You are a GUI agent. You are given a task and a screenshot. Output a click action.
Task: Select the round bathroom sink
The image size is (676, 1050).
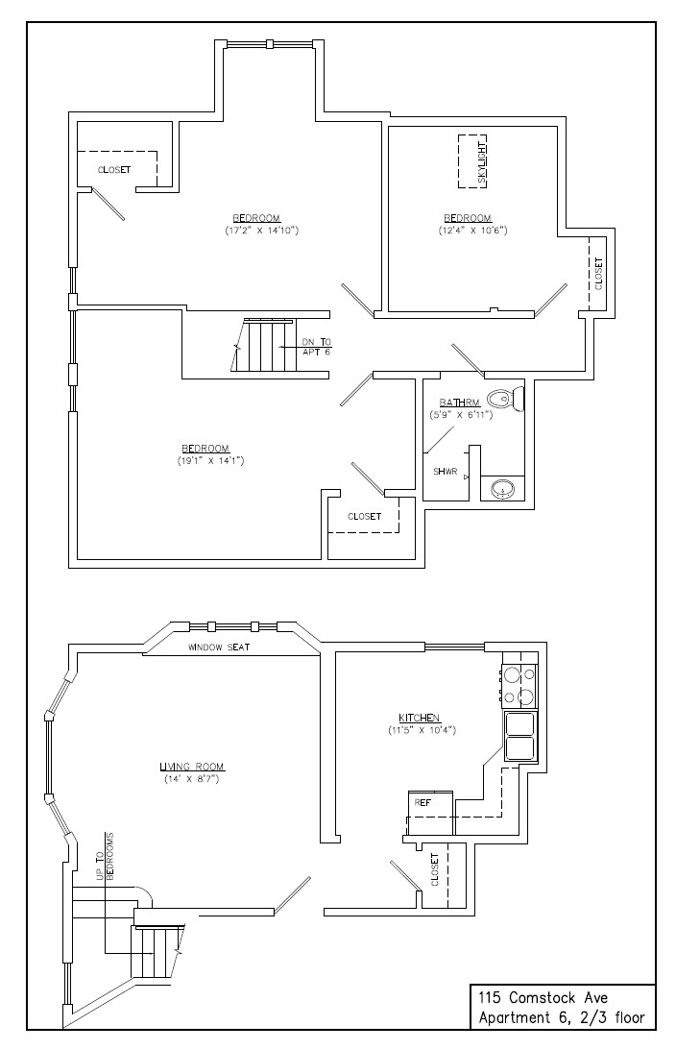tap(503, 490)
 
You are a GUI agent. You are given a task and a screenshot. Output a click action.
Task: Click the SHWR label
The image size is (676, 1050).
tap(445, 472)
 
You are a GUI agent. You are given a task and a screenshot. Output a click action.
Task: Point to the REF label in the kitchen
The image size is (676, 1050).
tap(421, 801)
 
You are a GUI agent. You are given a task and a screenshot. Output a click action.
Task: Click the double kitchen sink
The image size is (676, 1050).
tap(520, 735)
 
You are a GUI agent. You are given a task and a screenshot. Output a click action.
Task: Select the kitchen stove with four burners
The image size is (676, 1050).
tap(519, 685)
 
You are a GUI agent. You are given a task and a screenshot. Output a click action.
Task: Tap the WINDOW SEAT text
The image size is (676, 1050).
tap(219, 647)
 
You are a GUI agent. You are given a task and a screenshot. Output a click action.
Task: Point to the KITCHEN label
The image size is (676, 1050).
tap(420, 718)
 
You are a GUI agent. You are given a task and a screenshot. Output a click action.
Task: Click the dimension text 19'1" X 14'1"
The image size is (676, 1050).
tap(205, 461)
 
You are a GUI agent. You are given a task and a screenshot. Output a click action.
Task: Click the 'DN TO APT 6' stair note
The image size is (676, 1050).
tap(316, 347)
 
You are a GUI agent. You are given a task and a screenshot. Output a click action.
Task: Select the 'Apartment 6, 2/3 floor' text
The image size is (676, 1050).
tap(562, 1017)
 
